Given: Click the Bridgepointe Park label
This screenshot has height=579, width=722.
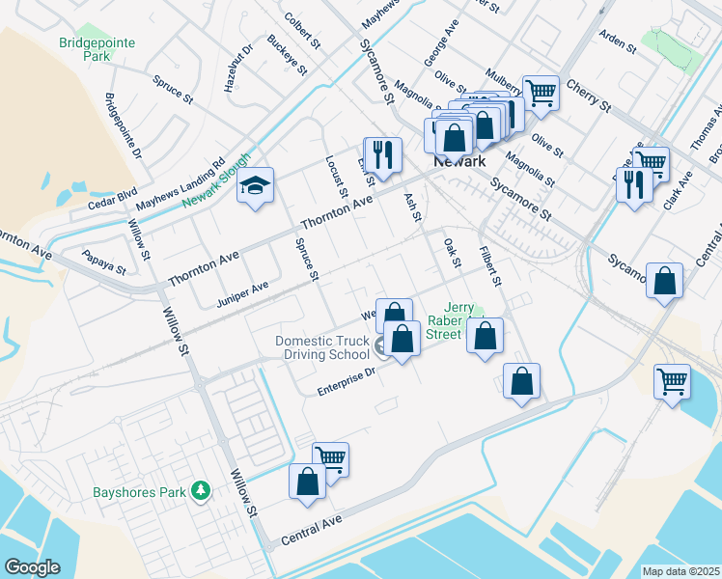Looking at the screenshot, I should pyautogui.click(x=97, y=50).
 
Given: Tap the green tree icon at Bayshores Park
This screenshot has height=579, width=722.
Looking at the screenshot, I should pyautogui.click(x=201, y=491).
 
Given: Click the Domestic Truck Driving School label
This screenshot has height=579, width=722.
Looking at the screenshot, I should pyautogui.click(x=322, y=347).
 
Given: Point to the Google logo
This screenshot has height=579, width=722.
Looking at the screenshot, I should pyautogui.click(x=32, y=567).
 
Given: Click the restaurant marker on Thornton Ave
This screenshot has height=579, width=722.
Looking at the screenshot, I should pyautogui.click(x=382, y=154).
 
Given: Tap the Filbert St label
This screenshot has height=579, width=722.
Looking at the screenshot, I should pyautogui.click(x=490, y=266).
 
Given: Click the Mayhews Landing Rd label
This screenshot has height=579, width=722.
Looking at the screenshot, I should pyautogui.click(x=180, y=185).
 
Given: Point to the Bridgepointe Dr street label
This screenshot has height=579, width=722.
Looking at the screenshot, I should pyautogui.click(x=122, y=125).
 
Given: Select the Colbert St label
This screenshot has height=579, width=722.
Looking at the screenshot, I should pyautogui.click(x=302, y=30).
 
